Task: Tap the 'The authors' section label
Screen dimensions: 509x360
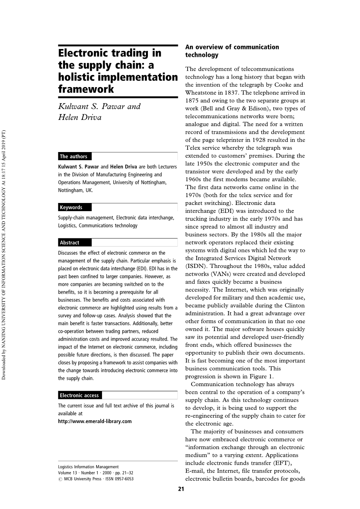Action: [x=74, y=156]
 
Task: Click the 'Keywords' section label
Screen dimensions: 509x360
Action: [x=71, y=207]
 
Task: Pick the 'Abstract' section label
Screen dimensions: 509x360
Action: [x=70, y=243]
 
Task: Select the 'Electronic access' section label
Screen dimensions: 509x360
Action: [x=79, y=395]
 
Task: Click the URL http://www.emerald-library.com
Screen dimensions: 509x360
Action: [x=95, y=421]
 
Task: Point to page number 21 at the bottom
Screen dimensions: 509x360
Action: [x=181, y=489]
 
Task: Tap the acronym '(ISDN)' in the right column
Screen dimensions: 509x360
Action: [x=197, y=266]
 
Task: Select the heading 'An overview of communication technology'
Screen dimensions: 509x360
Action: [x=232, y=51]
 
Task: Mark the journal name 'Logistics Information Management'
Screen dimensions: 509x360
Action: [x=88, y=467]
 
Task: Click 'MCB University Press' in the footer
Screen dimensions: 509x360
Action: [x=82, y=479]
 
